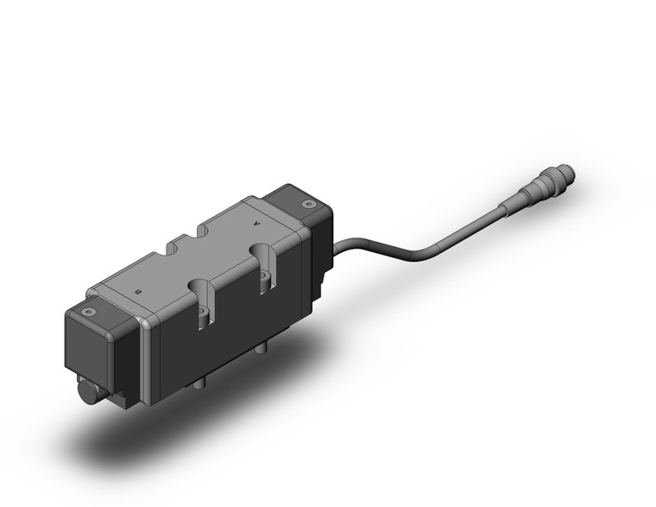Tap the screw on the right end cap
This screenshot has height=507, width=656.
point(308,204)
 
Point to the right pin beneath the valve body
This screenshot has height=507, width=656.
point(262,349)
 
